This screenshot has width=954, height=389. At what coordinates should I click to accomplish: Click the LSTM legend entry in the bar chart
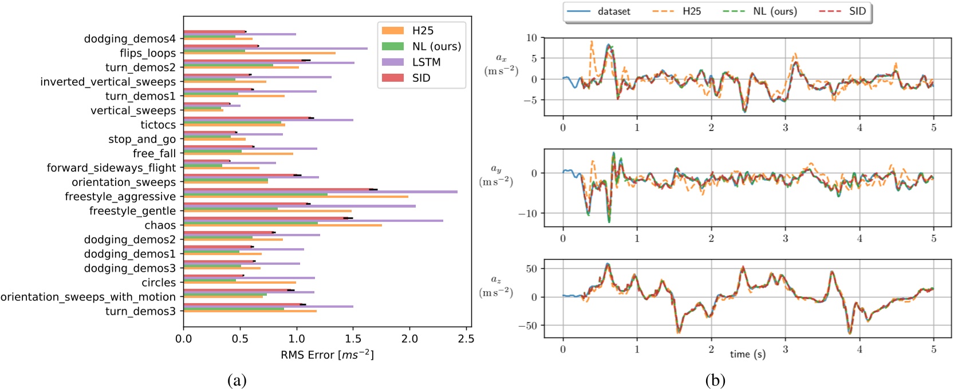click(426, 62)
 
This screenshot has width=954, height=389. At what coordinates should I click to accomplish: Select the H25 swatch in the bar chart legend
click(393, 30)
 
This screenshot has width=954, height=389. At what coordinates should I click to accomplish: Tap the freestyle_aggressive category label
click(120, 196)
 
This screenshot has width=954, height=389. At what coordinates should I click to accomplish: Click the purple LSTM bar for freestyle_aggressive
click(321, 192)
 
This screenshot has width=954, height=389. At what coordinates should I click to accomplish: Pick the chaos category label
click(160, 225)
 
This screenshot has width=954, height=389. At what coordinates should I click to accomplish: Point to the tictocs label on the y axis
click(158, 125)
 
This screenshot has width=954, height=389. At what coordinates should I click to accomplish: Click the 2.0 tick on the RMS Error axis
click(409, 339)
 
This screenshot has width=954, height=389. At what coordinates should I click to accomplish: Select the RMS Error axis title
click(327, 355)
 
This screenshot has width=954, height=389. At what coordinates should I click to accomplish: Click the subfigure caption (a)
click(236, 380)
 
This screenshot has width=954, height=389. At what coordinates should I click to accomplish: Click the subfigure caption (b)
click(715, 380)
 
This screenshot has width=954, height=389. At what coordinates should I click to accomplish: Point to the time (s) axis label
click(747, 354)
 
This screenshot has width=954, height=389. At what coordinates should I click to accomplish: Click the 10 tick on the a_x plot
click(531, 38)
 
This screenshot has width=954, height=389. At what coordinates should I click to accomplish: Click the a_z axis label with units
click(496, 286)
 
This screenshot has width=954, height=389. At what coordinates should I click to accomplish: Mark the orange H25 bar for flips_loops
click(259, 53)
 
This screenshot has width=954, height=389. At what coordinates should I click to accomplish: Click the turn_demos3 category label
click(140, 311)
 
